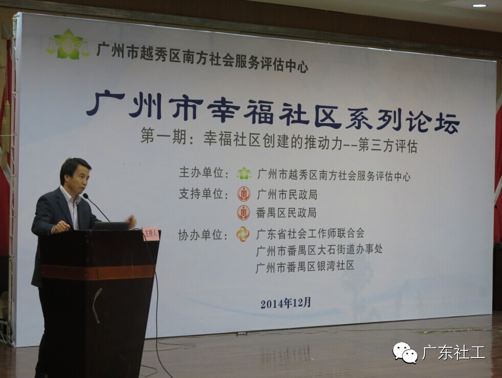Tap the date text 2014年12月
286,303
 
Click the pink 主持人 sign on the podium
150,233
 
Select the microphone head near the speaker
85,196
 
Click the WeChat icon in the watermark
405,352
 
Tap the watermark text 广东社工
454,353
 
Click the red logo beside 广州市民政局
244,194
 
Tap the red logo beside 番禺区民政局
244,213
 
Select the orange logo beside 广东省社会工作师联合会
243,234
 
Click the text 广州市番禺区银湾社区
305,266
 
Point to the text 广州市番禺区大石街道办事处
319,250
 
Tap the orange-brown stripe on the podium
98,272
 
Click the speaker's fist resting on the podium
62,226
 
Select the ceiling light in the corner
479,6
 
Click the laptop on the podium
111,226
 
